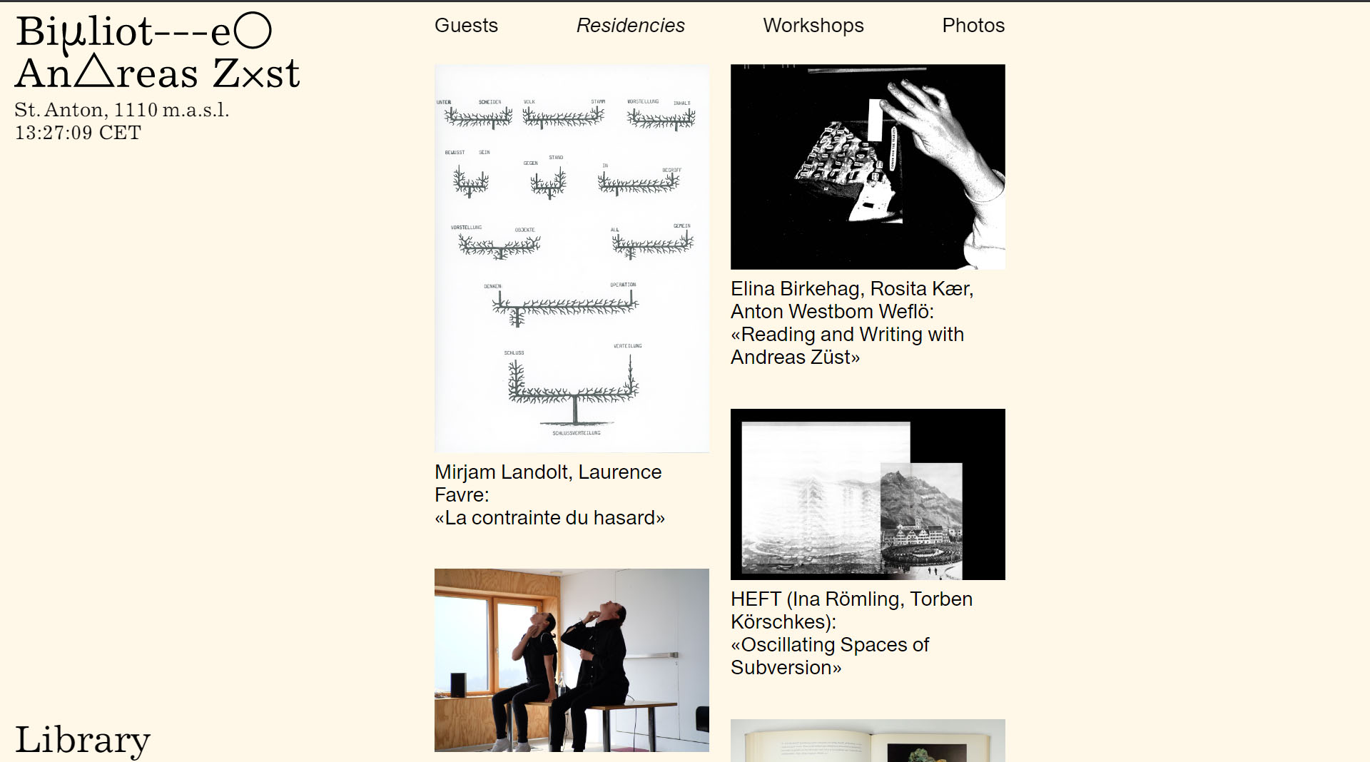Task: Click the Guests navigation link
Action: point(466,26)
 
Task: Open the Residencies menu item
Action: point(630,26)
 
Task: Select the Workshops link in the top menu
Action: point(813,26)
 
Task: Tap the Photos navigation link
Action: point(973,26)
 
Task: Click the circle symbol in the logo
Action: point(253,31)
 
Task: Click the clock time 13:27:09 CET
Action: point(78,133)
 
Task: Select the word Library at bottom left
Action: point(83,739)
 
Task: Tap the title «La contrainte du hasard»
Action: point(549,518)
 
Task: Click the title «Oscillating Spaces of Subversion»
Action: point(829,656)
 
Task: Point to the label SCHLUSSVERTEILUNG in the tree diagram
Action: point(576,433)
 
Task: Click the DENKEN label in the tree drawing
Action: point(492,286)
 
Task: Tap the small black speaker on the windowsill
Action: point(459,685)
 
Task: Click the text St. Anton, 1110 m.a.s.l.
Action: point(121,110)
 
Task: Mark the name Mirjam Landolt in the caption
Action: point(501,472)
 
